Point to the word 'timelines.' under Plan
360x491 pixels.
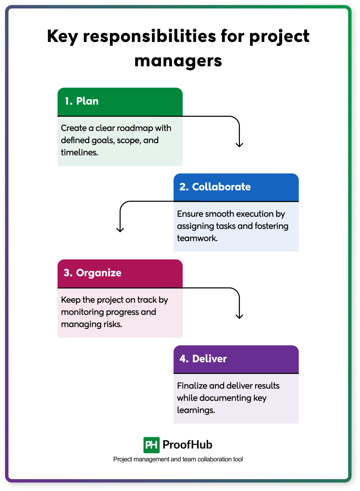(80, 153)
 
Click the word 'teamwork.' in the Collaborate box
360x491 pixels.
(197, 238)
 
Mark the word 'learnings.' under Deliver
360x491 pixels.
(196, 410)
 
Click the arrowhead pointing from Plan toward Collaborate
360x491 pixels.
(239, 145)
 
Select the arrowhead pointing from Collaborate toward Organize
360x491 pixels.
(120, 230)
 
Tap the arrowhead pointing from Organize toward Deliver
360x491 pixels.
(239, 316)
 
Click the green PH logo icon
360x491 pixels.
(151, 445)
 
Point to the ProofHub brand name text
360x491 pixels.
(187, 445)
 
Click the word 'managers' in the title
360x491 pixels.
(178, 61)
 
